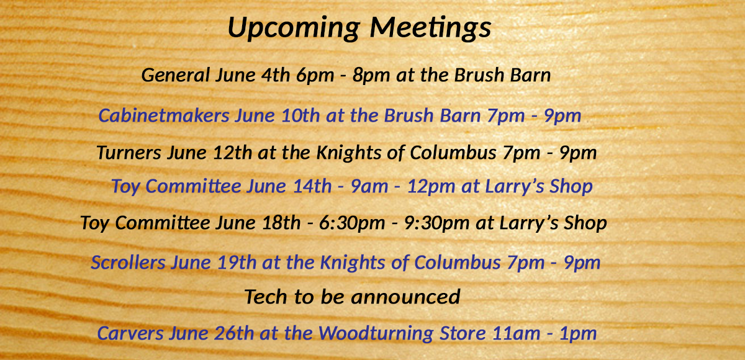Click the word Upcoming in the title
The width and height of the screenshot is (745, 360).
(x=294, y=29)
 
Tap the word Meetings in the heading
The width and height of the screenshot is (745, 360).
(x=430, y=29)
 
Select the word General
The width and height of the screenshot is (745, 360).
(x=176, y=74)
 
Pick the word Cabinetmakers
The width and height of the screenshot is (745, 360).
(x=164, y=115)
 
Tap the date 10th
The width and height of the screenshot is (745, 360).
(x=300, y=115)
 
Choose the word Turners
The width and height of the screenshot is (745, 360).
(x=129, y=153)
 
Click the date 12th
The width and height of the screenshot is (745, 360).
(x=232, y=153)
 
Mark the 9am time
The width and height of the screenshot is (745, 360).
(x=369, y=186)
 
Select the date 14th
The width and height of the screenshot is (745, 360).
(x=312, y=186)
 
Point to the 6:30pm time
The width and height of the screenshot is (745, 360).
(x=352, y=223)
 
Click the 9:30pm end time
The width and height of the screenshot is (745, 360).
(x=436, y=223)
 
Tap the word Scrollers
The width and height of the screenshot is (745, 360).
(x=128, y=263)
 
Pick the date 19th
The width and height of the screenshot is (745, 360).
(x=237, y=263)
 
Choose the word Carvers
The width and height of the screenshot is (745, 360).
(x=130, y=333)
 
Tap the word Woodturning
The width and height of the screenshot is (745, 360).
(x=376, y=334)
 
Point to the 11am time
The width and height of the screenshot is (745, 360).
(x=516, y=334)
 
